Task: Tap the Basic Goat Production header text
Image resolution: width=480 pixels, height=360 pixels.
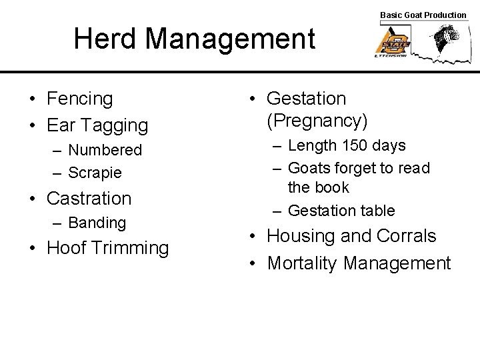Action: point(423,15)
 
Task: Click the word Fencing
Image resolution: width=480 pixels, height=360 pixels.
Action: point(80,99)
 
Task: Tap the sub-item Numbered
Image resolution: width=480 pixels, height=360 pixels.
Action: point(105,150)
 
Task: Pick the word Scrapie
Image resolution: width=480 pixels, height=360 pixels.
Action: point(95,173)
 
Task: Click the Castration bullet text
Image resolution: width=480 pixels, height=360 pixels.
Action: point(89,198)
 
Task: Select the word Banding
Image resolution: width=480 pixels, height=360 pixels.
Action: point(97,222)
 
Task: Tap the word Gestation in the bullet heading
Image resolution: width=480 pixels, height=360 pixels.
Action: point(306,99)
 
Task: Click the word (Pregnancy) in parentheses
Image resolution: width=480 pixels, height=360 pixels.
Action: point(317,121)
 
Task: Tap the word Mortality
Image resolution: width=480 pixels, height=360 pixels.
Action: point(302,263)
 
